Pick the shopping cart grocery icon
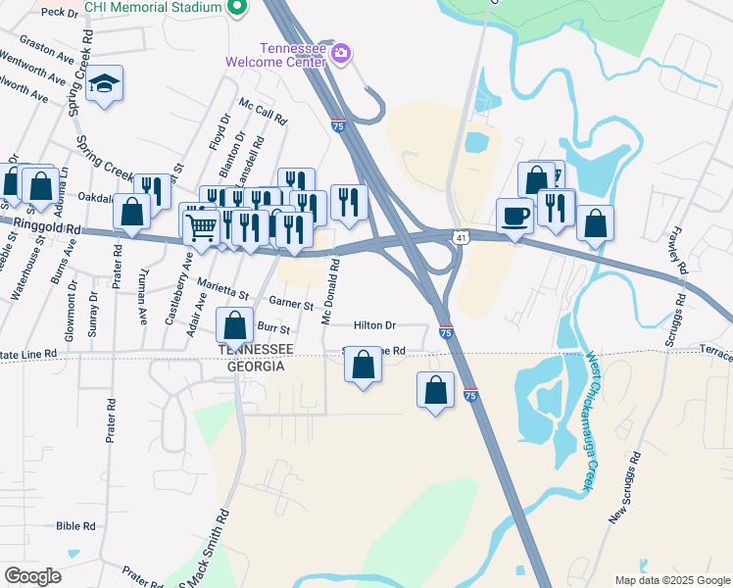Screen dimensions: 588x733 point(202,226)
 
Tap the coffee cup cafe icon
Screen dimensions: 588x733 point(513,216)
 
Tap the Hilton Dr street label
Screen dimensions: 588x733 point(374,325)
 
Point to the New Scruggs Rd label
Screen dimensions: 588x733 point(624,487)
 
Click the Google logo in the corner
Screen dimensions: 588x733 point(33,576)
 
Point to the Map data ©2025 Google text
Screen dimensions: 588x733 point(672,580)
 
